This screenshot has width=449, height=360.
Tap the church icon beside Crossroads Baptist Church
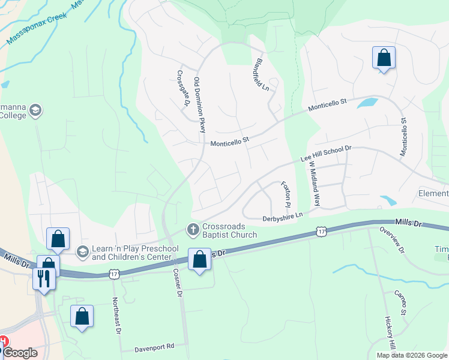click(x=193, y=229)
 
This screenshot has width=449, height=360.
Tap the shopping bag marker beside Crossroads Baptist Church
click(x=199, y=260)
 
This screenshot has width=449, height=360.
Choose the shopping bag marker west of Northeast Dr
click(x=82, y=316)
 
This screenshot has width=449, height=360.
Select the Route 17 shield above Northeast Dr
click(x=114, y=274)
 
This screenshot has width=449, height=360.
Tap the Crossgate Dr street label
click(x=182, y=89)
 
